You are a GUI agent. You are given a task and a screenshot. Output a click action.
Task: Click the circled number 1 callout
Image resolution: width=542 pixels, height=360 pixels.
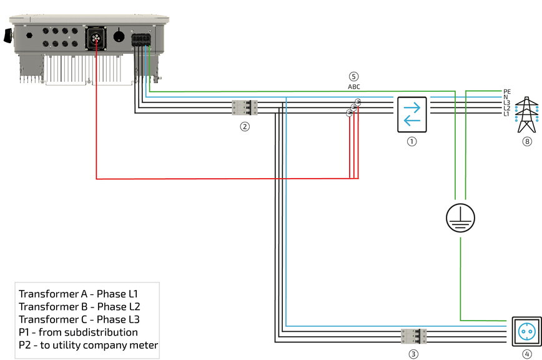coord(411,141)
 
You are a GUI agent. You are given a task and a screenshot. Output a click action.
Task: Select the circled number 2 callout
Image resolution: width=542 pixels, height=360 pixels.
coord(245,126)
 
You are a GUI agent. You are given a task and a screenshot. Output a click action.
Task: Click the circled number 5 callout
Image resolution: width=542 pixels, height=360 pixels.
coord(353,77)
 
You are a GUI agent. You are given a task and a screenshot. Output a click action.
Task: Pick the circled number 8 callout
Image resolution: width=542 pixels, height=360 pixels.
coord(528,141)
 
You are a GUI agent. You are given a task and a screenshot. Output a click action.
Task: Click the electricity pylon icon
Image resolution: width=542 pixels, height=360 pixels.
coord(528,114)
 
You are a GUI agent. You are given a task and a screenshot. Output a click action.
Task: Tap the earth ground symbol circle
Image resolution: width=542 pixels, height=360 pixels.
coord(460,218)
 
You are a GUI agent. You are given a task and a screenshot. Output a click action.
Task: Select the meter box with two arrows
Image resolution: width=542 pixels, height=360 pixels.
coord(412,114)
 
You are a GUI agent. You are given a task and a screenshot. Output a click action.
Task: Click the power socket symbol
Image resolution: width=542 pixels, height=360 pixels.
coord(526,331)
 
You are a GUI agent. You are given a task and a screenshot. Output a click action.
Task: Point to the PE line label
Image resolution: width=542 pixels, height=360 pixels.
coord(507,91)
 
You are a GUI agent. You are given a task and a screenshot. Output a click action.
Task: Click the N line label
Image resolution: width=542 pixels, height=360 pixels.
coord(506,97)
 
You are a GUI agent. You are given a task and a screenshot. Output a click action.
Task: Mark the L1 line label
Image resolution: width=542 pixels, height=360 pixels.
coord(506,114)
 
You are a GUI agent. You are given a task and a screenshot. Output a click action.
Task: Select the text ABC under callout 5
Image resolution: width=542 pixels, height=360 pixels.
coord(353,87)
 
